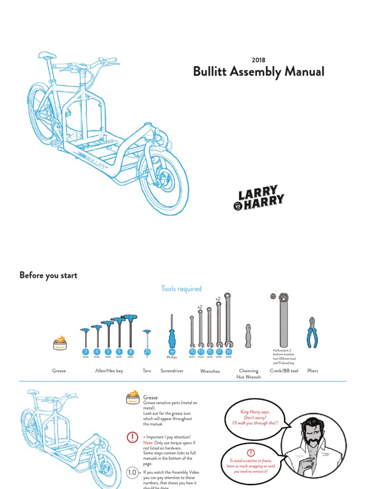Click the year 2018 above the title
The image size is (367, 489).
258,60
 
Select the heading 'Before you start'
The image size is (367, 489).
48,275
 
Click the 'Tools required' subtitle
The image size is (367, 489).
181,288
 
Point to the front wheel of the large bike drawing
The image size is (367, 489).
163,176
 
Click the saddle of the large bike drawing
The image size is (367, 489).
48,55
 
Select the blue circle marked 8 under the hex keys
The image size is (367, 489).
130,352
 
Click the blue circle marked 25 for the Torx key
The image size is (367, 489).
147,352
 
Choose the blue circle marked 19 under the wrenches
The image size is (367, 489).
228,352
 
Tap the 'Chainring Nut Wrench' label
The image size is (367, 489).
248,374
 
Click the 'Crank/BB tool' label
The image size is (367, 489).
284,371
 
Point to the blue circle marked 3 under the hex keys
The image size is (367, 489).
86,352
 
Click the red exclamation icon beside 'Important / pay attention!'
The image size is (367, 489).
132,437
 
